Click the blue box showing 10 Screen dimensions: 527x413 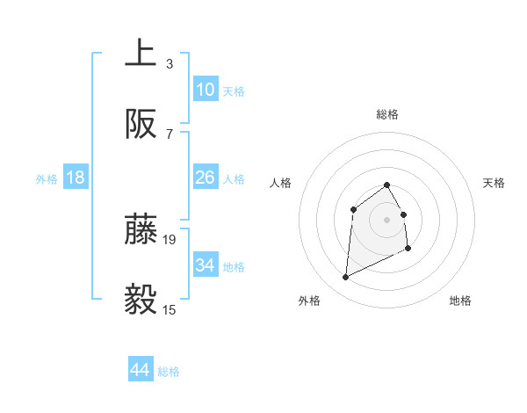[x=205, y=90]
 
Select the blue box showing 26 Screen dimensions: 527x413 [x=205, y=178]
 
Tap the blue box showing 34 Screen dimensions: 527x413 [x=205, y=265]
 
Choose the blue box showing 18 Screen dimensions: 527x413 [x=76, y=178]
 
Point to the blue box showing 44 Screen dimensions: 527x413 [x=140, y=370]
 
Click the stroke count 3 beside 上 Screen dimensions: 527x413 [x=169, y=63]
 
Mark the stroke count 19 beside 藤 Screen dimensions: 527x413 [x=170, y=239]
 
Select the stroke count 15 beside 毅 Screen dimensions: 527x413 [x=170, y=309]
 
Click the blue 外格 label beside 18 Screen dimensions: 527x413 [x=47, y=178]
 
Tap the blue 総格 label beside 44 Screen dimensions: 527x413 [x=169, y=372]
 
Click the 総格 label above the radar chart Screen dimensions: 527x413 [x=387, y=114]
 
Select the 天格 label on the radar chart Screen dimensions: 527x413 [x=495, y=183]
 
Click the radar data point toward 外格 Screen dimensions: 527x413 [x=345, y=278]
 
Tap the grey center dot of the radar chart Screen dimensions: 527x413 [x=386, y=220]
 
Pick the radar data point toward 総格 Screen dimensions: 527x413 [x=386, y=185]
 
